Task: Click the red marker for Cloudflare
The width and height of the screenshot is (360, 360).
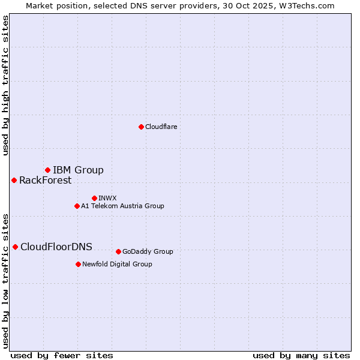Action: pos(141,127)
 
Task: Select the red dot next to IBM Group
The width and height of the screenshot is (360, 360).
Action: pos(47,170)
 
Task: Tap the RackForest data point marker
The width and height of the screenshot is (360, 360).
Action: pos(14,180)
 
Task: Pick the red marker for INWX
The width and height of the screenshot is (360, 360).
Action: pos(94,198)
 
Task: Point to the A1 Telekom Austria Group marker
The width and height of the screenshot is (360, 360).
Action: pos(77,206)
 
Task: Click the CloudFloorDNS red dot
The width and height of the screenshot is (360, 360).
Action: pos(15,247)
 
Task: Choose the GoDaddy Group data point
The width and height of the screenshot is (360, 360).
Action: pos(118,251)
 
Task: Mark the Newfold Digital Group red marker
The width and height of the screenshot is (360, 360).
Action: pos(78,264)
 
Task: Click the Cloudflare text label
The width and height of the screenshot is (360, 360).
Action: pos(161,127)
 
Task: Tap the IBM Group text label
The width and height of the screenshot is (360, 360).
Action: pos(78,170)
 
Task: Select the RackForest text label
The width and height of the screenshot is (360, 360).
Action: pos(45,180)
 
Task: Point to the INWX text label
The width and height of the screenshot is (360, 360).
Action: pos(107,198)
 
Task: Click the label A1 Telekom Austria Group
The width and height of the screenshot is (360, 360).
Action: pos(122,206)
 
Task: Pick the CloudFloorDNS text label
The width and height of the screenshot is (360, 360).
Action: pos(56,247)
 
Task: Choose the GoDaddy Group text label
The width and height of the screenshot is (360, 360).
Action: pos(148,251)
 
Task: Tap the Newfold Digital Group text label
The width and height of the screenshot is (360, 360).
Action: pos(117,264)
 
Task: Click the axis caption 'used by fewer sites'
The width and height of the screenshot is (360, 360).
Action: pos(62,355)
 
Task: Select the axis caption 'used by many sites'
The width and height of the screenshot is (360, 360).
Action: pos(301,355)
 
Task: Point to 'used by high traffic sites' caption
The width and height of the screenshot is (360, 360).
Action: pos(5,85)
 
